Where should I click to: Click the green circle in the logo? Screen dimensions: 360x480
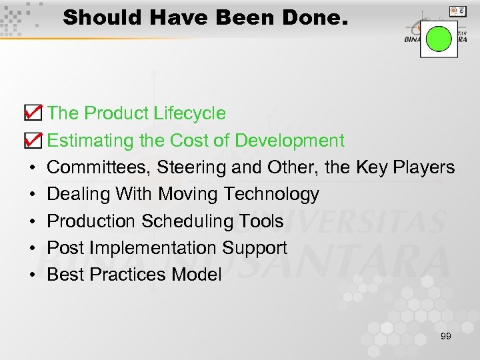[439, 38]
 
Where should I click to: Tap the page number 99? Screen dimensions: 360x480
[445, 336]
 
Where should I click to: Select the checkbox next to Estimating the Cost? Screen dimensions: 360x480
[32, 139]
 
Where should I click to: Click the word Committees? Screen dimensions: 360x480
[99, 167]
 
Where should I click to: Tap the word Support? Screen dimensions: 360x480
[255, 248]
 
